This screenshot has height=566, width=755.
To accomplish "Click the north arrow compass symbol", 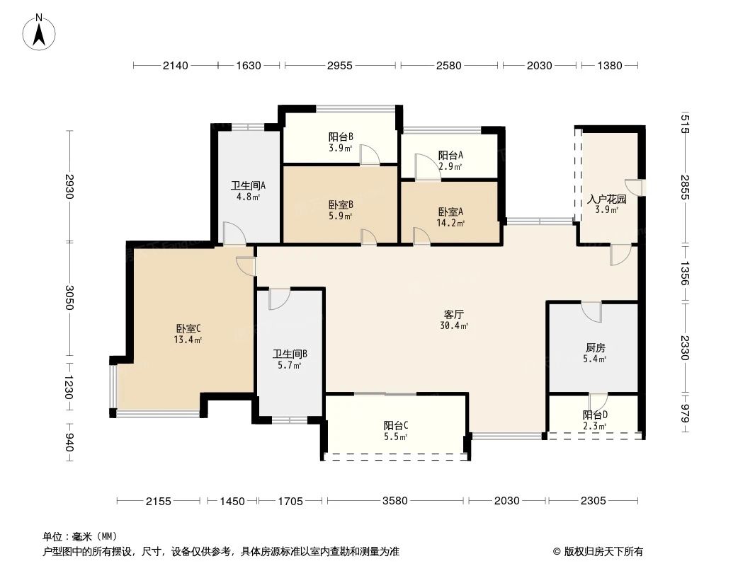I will (40, 32).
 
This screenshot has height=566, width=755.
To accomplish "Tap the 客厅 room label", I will (454, 313).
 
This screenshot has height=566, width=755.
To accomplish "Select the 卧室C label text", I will (188, 328).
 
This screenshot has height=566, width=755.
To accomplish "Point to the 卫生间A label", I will (248, 186).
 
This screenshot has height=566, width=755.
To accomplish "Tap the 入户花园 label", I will (607, 199).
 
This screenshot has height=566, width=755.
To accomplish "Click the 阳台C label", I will (395, 425).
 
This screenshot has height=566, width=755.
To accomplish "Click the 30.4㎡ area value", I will (454, 325).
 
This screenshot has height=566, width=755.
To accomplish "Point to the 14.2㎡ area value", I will (450, 224).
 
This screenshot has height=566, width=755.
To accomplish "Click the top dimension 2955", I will (339, 66).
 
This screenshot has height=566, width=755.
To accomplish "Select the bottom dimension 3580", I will (394, 501).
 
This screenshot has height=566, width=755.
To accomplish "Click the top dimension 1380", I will (609, 66).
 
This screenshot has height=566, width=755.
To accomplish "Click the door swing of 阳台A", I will (426, 168).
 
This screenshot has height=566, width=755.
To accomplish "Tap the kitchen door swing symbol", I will (591, 311).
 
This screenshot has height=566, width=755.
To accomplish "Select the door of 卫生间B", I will (278, 298).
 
